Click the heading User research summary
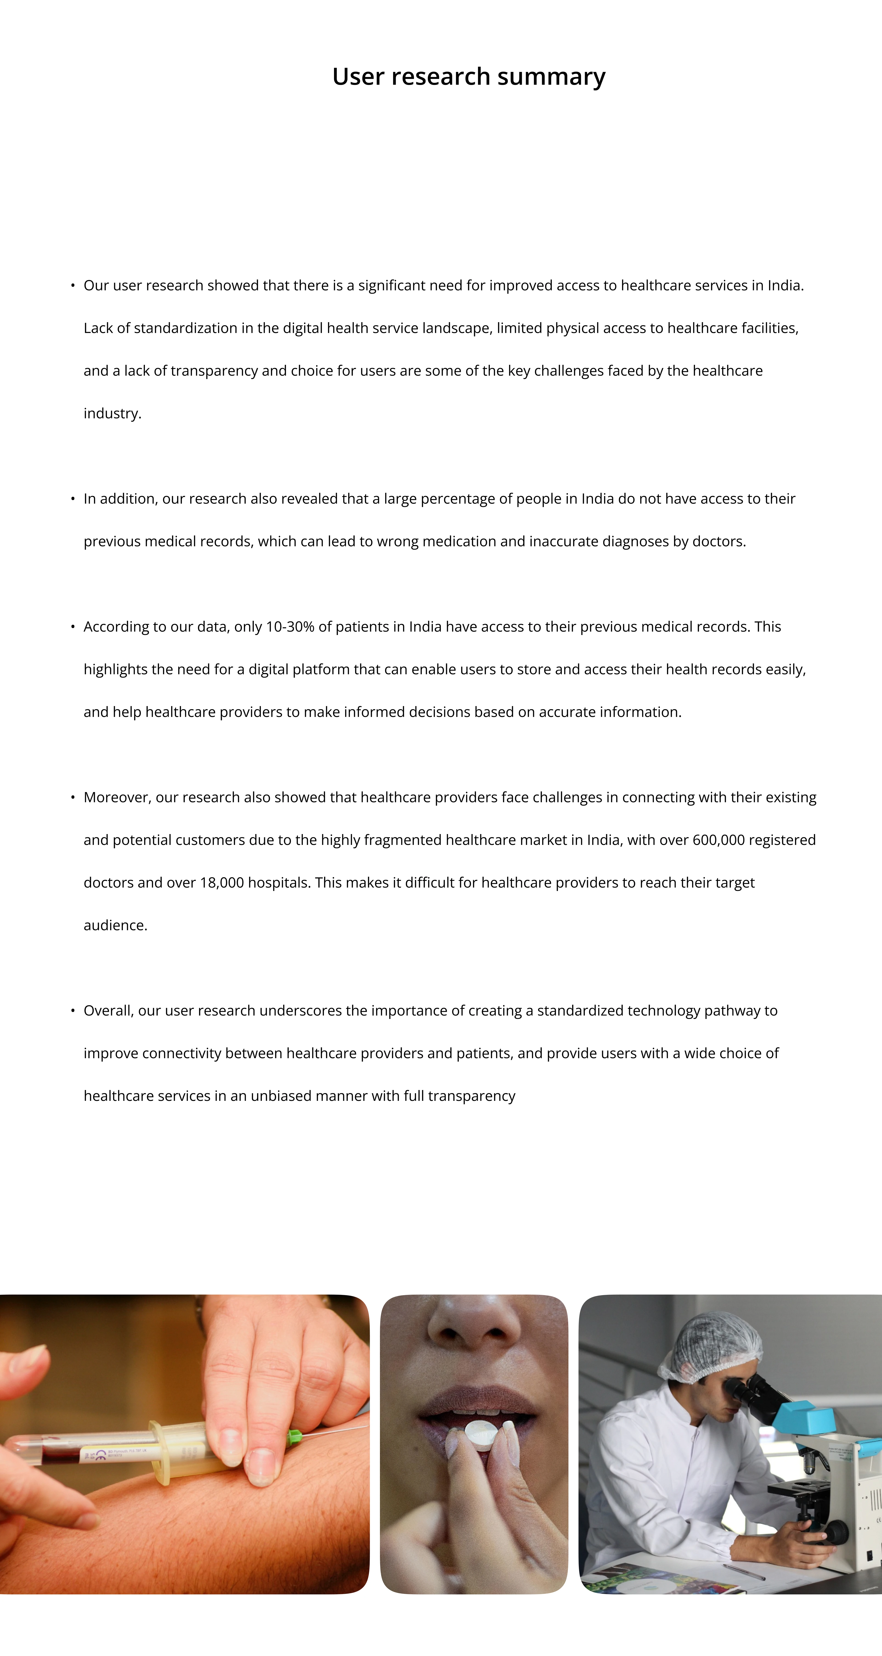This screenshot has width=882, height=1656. [468, 76]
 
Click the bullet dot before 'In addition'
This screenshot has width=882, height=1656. [73, 499]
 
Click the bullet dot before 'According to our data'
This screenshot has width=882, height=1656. [73, 627]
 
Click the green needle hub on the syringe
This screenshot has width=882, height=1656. [295, 1436]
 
